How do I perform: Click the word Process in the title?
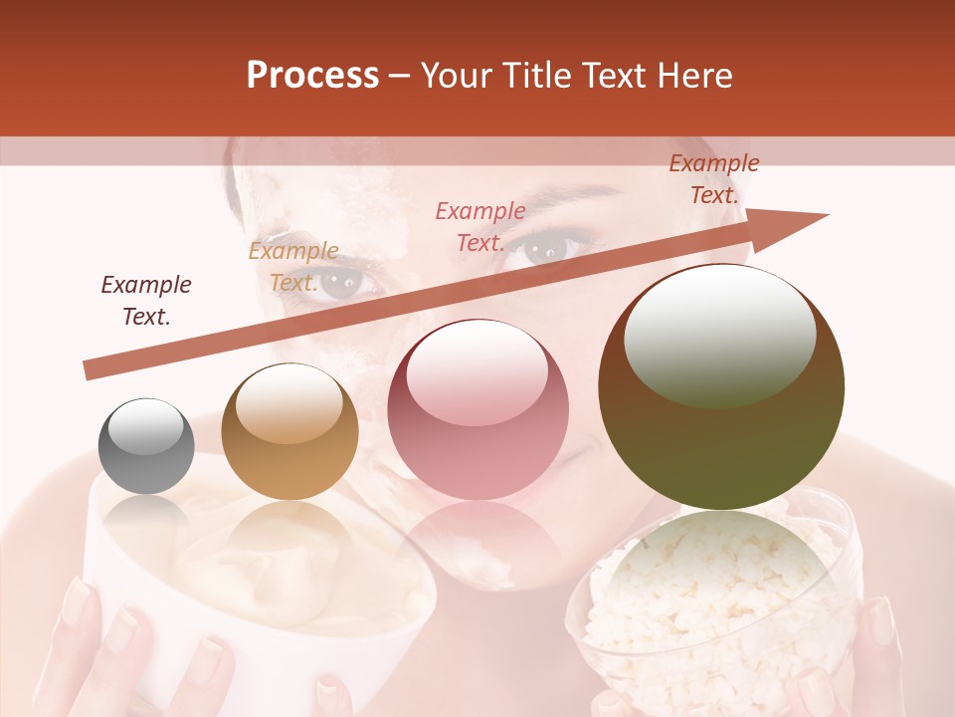312,76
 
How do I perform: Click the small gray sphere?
146,446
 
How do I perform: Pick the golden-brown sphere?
289,431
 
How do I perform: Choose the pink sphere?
477,409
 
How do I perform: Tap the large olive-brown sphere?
721,386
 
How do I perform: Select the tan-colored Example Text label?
293,267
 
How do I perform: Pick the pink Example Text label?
480,226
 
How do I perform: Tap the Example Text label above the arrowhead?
714,179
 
